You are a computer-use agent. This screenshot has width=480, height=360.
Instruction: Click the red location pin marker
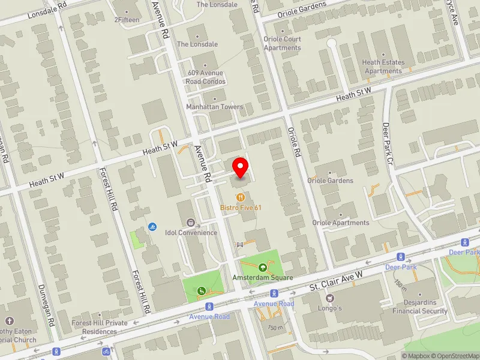(241, 167)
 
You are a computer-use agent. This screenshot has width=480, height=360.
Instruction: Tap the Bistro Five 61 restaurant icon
(241, 196)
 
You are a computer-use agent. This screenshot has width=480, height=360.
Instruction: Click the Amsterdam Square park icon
(262, 267)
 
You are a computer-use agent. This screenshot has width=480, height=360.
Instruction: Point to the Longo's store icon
(329, 298)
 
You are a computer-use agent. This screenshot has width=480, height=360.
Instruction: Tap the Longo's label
(329, 308)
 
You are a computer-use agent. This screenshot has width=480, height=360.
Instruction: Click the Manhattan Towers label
(214, 107)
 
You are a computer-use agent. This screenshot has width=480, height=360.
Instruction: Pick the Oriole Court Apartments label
(282, 44)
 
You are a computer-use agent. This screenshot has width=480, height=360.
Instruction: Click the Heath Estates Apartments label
(383, 67)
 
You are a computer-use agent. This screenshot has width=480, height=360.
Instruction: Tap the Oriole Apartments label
(341, 223)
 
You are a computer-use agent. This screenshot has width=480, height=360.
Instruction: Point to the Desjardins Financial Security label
(420, 307)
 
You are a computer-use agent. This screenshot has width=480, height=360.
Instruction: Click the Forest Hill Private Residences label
(100, 326)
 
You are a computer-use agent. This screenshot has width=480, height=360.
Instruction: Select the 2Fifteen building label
(127, 20)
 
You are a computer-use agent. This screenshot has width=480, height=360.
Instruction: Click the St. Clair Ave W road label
(337, 281)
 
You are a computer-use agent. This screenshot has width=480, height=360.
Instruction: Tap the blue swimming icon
(152, 227)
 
